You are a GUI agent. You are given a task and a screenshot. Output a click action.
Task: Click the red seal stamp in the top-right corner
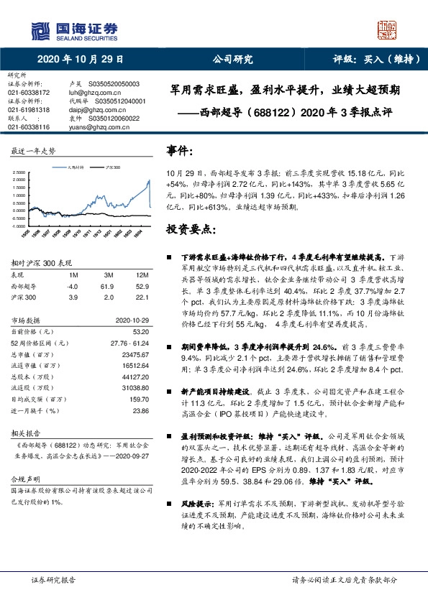pyautogui.click(x=387, y=30)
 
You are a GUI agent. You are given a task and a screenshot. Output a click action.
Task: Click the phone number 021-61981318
pyautogui.click(x=29, y=110)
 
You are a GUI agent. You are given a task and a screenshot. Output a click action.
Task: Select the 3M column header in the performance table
pyautogui.click(x=109, y=275)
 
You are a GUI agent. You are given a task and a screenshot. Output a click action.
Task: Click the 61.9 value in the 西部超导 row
pyautogui.click(x=109, y=285)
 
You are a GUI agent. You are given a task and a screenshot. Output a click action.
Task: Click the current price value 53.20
pyautogui.click(x=140, y=333)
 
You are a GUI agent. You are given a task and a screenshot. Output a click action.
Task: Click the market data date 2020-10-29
pyautogui.click(x=130, y=323)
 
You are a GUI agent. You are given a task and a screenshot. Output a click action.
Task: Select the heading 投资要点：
pyautogui.click(x=191, y=228)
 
